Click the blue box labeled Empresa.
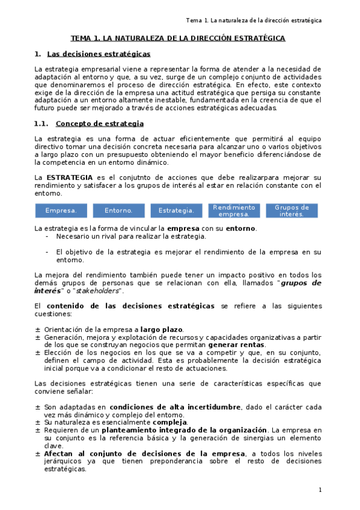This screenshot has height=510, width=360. (61, 210)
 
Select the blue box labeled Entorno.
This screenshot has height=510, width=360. (119, 210)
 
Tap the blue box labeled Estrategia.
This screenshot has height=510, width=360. (176, 210)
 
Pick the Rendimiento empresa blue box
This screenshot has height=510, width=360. (234, 210)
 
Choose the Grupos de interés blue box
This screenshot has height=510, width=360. (291, 210)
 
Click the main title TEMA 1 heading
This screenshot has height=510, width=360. (178, 38)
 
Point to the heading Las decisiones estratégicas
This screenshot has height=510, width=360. (99, 54)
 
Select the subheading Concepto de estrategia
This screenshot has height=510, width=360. (99, 124)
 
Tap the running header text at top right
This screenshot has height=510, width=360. (254, 20)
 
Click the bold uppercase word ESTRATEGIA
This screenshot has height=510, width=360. (70, 177)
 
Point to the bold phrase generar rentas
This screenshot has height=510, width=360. (236, 345)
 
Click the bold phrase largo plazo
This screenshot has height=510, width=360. (161, 330)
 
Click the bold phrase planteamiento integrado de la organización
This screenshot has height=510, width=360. (184, 430)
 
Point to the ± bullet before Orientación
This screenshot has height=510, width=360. (38, 330)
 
